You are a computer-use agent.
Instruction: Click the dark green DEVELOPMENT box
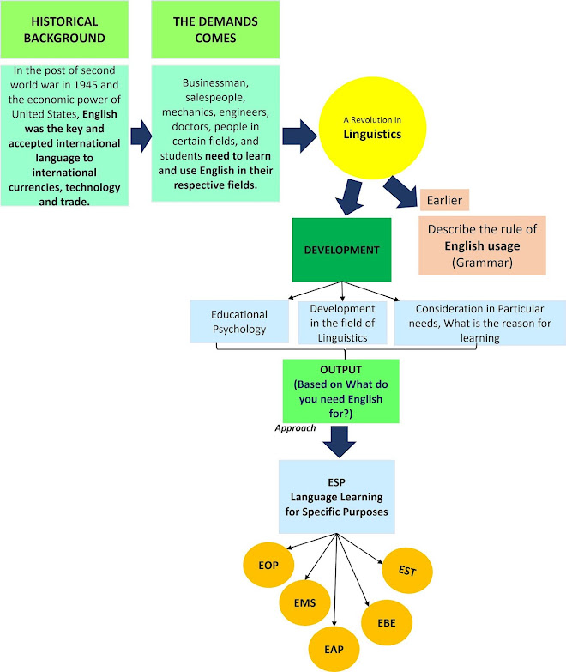[x=341, y=250]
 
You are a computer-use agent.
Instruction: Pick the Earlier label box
[x=443, y=200]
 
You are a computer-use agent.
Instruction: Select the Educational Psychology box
[x=239, y=323]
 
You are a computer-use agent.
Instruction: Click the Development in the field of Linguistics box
[x=342, y=323]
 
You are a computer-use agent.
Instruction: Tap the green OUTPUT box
[x=342, y=390]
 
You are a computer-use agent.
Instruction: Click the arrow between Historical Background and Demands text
[x=139, y=135]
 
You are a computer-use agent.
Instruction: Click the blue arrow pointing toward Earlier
[x=400, y=190]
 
